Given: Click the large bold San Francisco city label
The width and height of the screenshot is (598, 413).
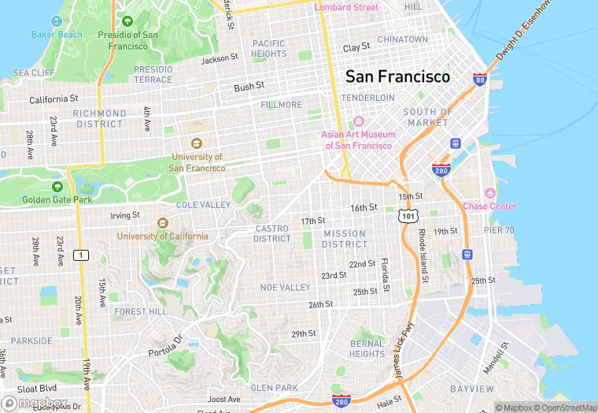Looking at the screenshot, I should pyautogui.click(x=397, y=76).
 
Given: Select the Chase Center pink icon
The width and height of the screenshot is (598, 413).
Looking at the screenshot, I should pyautogui.click(x=490, y=193).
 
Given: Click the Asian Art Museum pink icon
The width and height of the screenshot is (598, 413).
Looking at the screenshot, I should pyautogui.click(x=358, y=122).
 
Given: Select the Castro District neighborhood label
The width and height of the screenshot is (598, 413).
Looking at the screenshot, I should pyautogui.click(x=272, y=233).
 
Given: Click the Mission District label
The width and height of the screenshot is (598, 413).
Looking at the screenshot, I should pyautogui.click(x=344, y=239).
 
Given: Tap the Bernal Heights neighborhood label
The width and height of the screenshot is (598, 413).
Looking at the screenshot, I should pyautogui.click(x=367, y=348).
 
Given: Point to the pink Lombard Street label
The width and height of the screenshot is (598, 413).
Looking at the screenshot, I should pyautogui.click(x=346, y=8).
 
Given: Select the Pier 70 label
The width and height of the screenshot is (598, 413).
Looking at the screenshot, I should pyautogui.click(x=498, y=230).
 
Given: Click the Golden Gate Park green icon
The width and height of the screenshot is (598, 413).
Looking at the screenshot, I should pyautogui.click(x=57, y=186).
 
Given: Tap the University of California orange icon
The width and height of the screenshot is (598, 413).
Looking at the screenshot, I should pyautogui.click(x=163, y=223).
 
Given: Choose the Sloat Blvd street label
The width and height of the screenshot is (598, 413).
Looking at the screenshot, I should pyautogui.click(x=38, y=389).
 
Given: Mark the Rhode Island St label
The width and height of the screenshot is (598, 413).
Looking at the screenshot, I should pyautogui.click(x=423, y=256).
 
